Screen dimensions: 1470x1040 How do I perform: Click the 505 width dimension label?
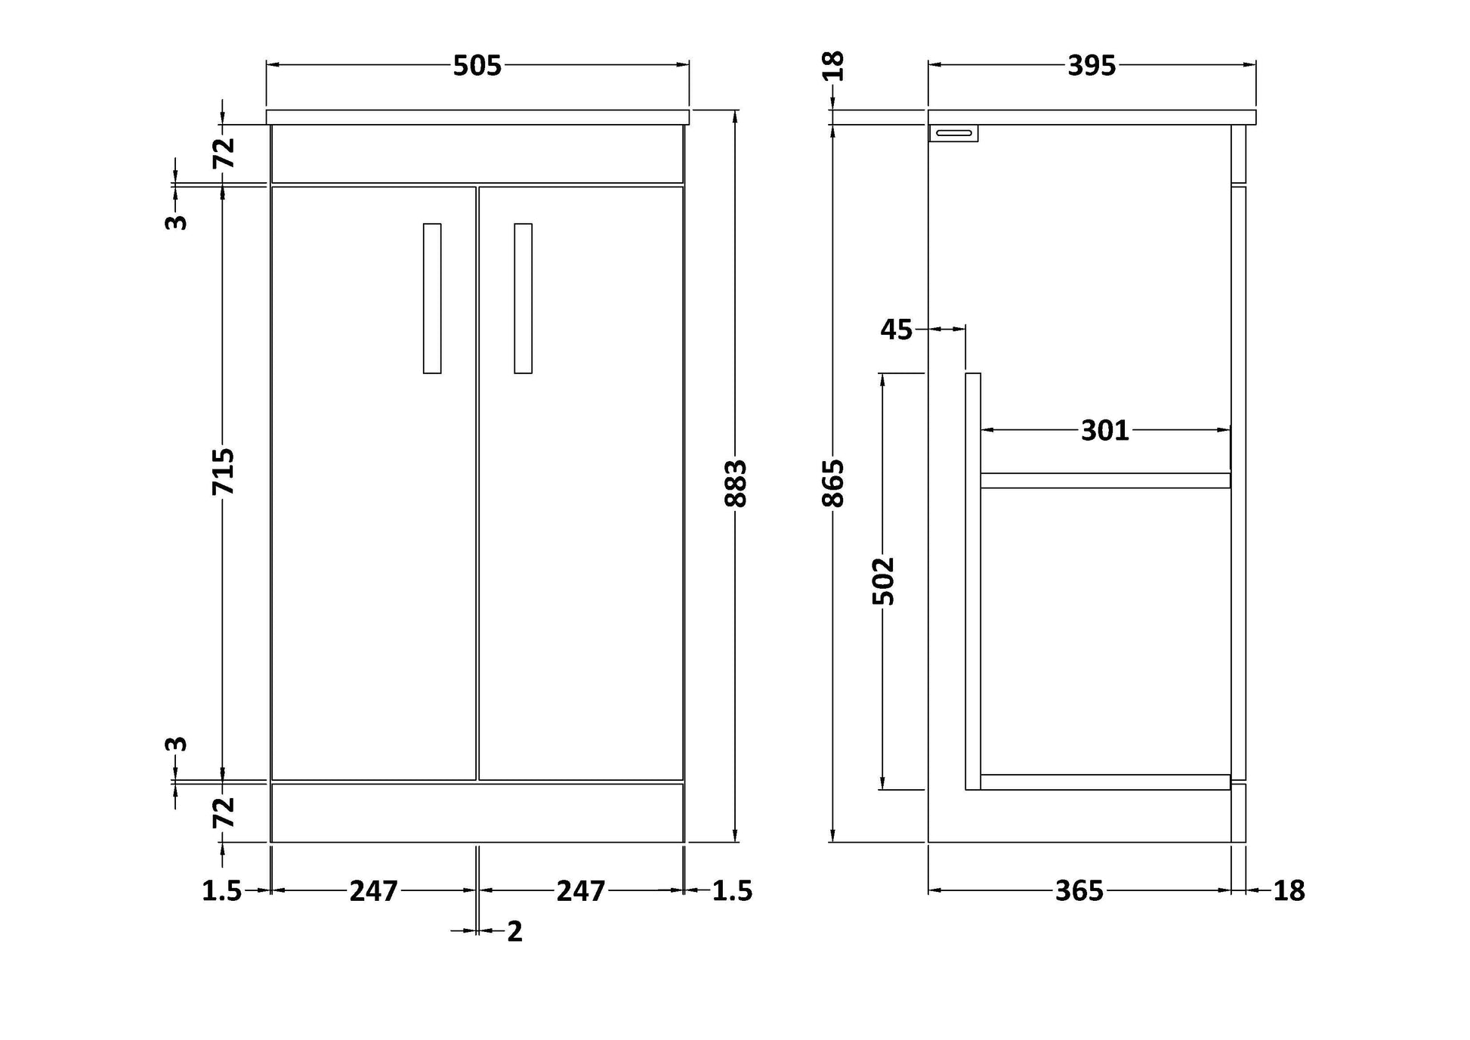[477, 67]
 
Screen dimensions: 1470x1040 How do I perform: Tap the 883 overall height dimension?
[735, 483]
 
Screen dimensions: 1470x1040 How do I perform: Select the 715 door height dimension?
[223, 472]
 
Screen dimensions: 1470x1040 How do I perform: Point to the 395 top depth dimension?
[1091, 67]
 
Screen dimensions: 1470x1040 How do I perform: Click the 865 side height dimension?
[832, 483]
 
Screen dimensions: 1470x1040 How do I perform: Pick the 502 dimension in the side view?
[882, 580]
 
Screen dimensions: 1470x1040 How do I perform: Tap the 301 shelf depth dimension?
[1104, 431]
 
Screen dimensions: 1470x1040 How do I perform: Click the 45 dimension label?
[897, 330]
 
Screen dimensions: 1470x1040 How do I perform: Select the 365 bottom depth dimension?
[1079, 891]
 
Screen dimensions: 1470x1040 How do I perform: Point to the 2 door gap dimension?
[514, 932]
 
